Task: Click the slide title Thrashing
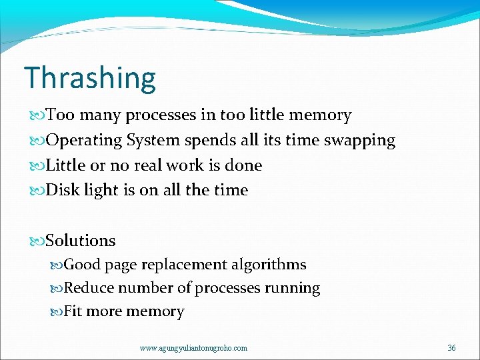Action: pyautogui.click(x=90, y=78)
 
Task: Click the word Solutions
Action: pyautogui.click(x=81, y=241)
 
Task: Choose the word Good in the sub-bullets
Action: pyautogui.click(x=82, y=265)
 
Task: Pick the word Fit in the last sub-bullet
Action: pyautogui.click(x=73, y=311)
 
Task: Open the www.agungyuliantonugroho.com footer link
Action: pyautogui.click(x=193, y=347)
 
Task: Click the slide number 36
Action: pyautogui.click(x=451, y=347)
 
